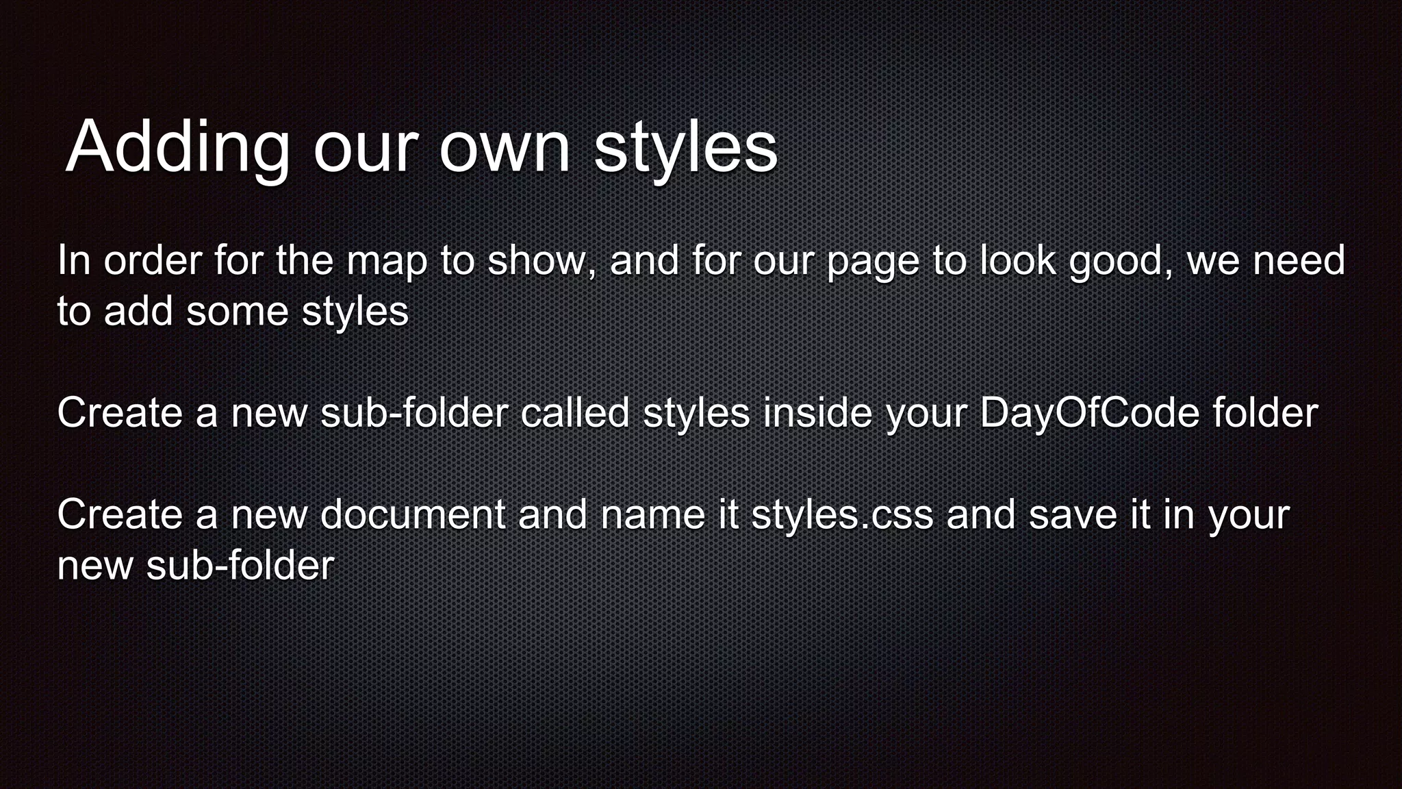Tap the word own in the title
(505, 147)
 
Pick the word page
(872, 262)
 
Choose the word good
(1119, 262)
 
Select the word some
(237, 312)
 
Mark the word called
(574, 413)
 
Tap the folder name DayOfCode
(1089, 413)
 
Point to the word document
(412, 514)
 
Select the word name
(652, 514)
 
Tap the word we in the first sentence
(1212, 261)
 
